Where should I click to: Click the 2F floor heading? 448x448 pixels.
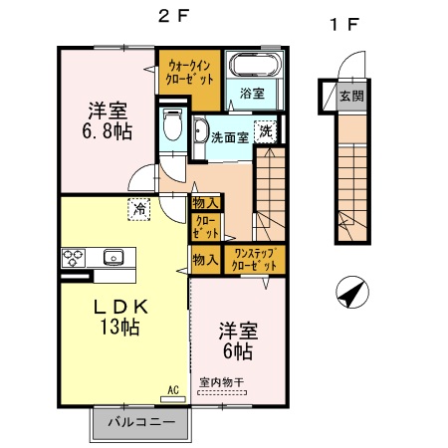coord(173,16)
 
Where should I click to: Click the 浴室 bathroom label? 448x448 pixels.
coord(251,95)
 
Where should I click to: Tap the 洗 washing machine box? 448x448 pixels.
coord(266,130)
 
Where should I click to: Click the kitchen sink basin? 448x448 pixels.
coord(112,257)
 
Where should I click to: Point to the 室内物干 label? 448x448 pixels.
coord(220,382)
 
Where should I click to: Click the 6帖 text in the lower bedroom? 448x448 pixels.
coord(237,352)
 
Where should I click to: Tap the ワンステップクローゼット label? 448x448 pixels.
coord(254,260)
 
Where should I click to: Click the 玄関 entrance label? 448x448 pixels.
coord(349,97)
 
